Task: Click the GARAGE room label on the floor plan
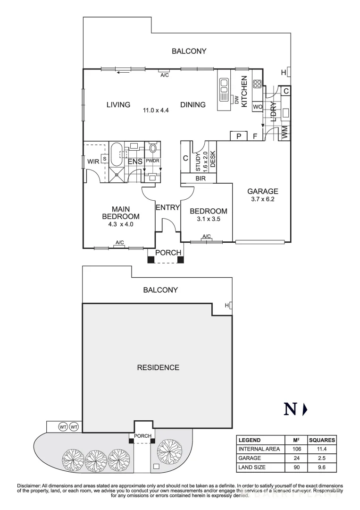tap(263, 191)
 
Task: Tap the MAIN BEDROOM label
tap(121, 212)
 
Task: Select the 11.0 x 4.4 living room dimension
tap(156, 110)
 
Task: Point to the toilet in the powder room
tap(153, 149)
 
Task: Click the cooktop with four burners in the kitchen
tap(257, 84)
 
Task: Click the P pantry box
tap(239, 136)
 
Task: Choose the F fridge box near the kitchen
tap(255, 136)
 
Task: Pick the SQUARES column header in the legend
tap(322, 440)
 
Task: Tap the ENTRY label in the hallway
tap(167, 207)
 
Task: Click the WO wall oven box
tap(258, 107)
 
